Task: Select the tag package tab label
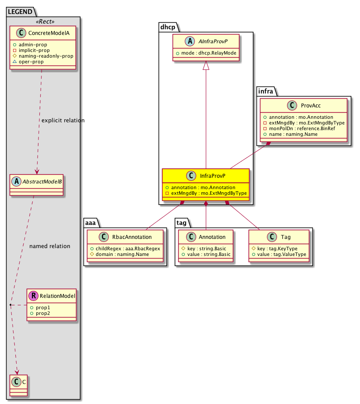[x=182, y=223]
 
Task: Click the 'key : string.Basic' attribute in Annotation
[x=205, y=248]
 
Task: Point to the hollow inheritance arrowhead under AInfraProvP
[x=206, y=66]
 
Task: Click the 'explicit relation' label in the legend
[x=62, y=120]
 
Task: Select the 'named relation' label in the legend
[x=50, y=246]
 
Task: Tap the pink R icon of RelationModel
[x=33, y=296]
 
